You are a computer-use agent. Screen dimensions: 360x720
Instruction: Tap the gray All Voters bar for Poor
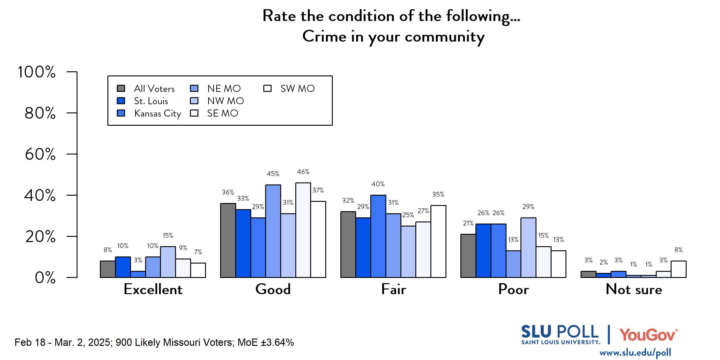[468, 256]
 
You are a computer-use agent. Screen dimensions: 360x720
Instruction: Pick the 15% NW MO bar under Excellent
[168, 262]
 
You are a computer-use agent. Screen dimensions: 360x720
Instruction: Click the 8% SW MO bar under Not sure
[678, 269]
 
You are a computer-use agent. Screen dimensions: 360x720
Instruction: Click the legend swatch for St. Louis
[121, 101]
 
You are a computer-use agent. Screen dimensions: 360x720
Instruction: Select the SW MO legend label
[297, 89]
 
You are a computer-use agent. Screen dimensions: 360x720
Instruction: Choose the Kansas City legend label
[157, 113]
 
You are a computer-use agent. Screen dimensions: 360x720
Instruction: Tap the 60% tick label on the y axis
[40, 154]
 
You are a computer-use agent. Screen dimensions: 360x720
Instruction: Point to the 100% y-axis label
[36, 72]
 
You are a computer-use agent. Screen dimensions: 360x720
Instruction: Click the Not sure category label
[634, 289]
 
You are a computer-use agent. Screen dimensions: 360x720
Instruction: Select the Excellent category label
[153, 289]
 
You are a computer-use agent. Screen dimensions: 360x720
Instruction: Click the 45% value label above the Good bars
[273, 174]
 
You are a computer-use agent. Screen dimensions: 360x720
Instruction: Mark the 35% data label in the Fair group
[438, 194]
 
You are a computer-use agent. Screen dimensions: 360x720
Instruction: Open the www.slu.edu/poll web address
[635, 353]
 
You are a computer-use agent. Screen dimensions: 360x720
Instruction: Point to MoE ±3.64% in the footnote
[266, 342]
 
